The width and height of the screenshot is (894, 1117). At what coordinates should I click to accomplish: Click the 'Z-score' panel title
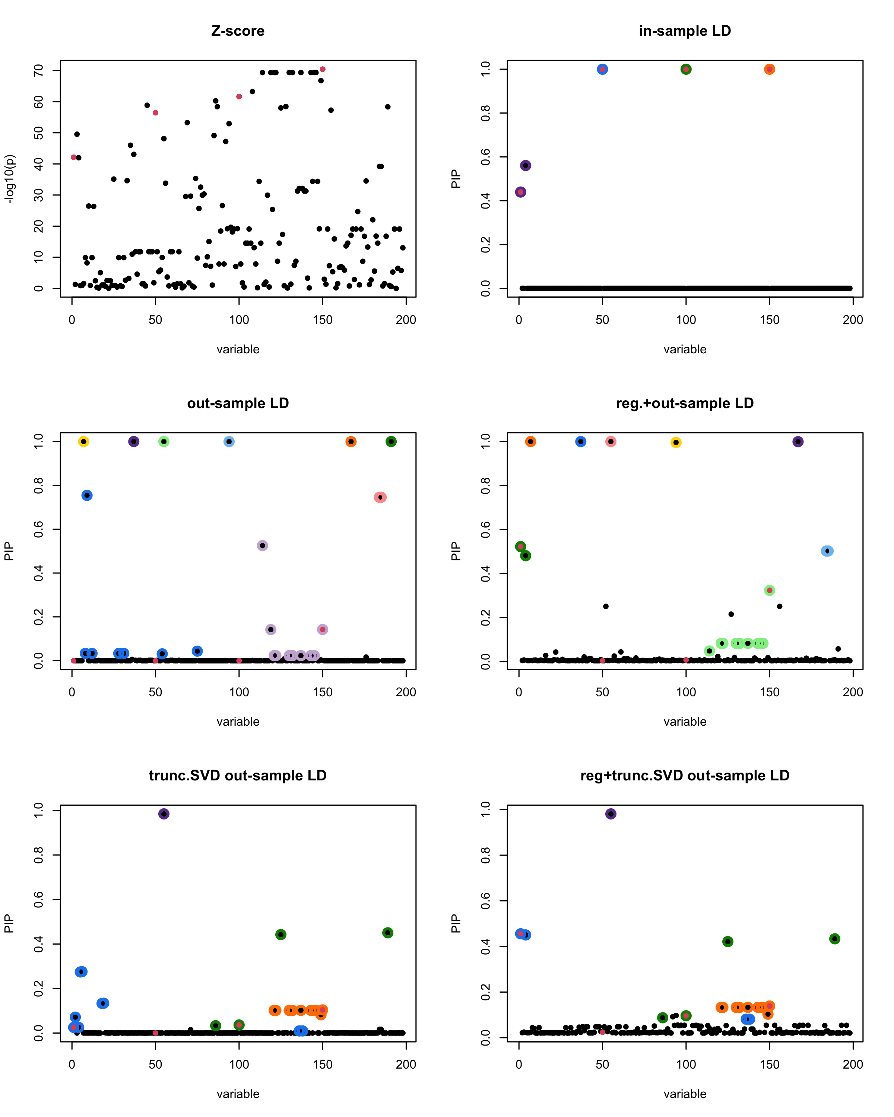tap(238, 31)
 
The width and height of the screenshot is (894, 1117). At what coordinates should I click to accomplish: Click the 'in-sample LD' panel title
tap(685, 31)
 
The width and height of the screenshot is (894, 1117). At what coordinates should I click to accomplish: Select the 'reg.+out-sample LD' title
tap(685, 403)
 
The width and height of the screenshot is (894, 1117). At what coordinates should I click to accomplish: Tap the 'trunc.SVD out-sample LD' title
tap(238, 776)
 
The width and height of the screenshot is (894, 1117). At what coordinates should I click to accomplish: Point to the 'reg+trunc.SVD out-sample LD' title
tap(685, 776)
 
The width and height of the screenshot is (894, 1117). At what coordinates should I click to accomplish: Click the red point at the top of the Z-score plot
tap(322, 69)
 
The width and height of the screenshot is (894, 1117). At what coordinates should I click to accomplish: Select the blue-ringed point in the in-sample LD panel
tap(602, 69)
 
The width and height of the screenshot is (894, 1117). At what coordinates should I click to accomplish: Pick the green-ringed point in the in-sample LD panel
tap(686, 69)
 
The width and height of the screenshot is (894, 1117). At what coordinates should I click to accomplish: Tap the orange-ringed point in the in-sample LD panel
tap(769, 69)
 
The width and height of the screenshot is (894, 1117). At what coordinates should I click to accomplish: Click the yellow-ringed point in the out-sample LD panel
tap(83, 442)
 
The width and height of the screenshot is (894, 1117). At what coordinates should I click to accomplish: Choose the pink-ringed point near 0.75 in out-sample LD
tap(380, 497)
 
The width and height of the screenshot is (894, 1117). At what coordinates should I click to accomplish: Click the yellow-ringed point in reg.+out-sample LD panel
tap(676, 442)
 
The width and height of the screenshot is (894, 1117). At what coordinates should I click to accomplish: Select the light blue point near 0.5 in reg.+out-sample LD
tap(827, 551)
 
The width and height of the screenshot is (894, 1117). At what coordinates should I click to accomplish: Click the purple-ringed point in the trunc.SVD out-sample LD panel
tap(164, 814)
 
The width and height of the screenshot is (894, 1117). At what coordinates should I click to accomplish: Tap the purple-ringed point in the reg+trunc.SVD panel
tap(611, 814)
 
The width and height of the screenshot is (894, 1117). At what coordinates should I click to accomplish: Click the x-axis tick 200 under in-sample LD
tap(853, 320)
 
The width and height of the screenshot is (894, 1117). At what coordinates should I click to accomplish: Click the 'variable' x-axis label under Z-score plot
tap(238, 350)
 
